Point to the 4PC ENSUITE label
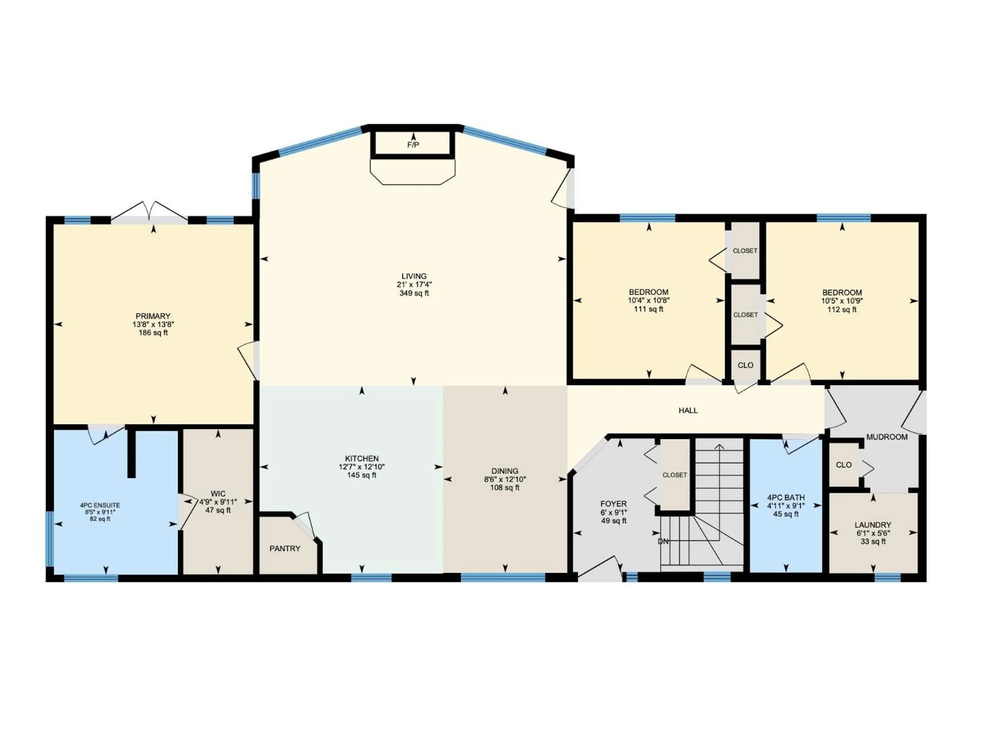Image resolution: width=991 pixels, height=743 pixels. (x=100, y=505)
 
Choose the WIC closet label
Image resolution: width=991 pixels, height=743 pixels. (x=218, y=494)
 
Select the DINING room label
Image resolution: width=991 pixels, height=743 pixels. (x=505, y=471)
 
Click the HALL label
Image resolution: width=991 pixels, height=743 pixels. (x=688, y=410)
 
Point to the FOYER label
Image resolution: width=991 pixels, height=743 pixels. (x=613, y=504)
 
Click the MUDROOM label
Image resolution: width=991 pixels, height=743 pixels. (x=887, y=437)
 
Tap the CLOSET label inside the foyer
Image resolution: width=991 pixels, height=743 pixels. (x=674, y=475)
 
